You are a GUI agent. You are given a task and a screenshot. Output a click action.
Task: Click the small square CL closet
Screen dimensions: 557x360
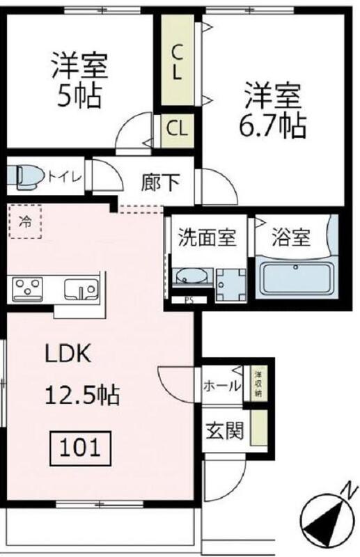178,128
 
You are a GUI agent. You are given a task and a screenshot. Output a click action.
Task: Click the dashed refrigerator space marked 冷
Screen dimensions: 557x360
25,222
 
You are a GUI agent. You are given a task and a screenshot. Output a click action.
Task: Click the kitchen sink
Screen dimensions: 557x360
80,288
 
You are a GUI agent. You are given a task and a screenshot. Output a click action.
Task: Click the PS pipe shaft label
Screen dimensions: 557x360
189,301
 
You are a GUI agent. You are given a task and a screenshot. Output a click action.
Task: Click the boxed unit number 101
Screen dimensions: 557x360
79,446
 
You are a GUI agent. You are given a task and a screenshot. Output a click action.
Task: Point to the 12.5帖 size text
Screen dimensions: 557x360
82,395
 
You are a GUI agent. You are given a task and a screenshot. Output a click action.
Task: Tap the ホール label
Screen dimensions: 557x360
221,385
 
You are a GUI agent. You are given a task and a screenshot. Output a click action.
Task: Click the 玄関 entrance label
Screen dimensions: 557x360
224,431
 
